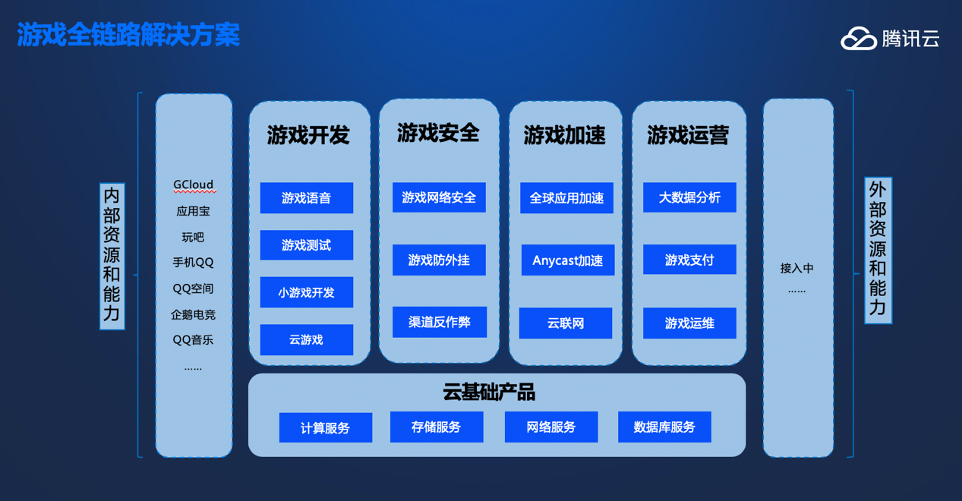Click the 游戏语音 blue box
pyautogui.click(x=307, y=198)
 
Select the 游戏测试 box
pyautogui.click(x=307, y=245)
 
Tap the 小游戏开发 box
pyautogui.click(x=307, y=292)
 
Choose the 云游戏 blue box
pyautogui.click(x=307, y=339)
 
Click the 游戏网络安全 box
pyautogui.click(x=439, y=197)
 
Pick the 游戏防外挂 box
pyautogui.click(x=439, y=260)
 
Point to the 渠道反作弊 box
pyautogui.click(x=440, y=322)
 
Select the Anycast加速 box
pyautogui.click(x=568, y=260)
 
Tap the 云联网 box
pyautogui.click(x=566, y=323)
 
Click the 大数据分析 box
pyautogui.click(x=689, y=197)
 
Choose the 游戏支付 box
pyautogui.click(x=689, y=260)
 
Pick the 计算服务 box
pyautogui.click(x=326, y=427)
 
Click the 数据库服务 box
pyautogui.click(x=664, y=427)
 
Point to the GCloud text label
pyautogui.click(x=194, y=184)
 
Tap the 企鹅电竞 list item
pyautogui.click(x=194, y=315)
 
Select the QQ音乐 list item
pyautogui.click(x=194, y=340)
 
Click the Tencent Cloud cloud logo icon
pyautogui.click(x=859, y=39)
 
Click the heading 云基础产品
pyautogui.click(x=489, y=392)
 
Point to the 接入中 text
pyautogui.click(x=796, y=268)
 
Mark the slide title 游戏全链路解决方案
pyautogui.click(x=128, y=34)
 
